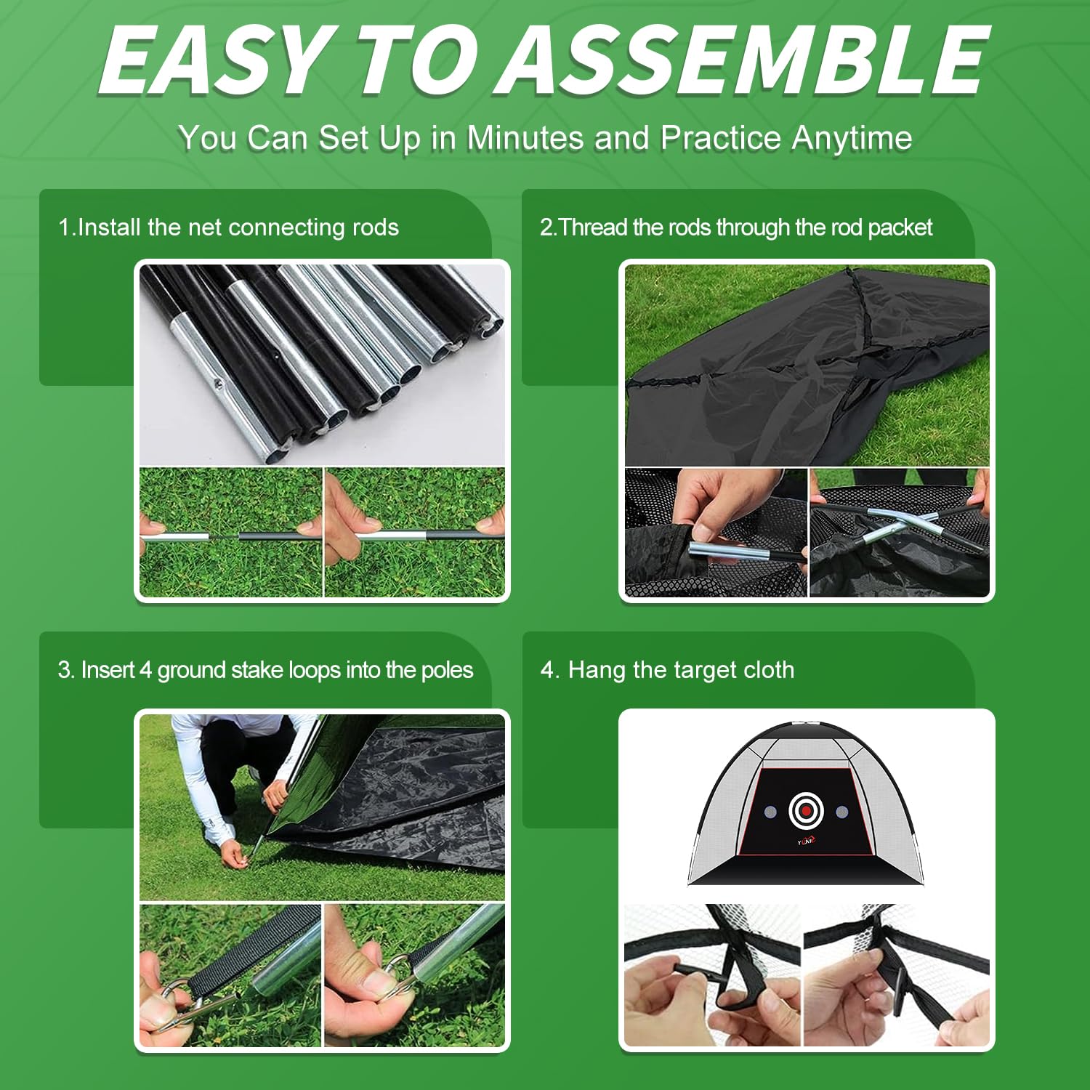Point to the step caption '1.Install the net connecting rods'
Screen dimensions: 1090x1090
(228, 227)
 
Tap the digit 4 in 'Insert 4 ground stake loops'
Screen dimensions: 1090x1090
(145, 670)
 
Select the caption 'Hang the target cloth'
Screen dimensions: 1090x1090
(667, 670)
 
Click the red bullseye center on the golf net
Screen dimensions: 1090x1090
(806, 810)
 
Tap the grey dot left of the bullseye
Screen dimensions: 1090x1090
(770, 811)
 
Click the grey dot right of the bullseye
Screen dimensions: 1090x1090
(841, 811)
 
